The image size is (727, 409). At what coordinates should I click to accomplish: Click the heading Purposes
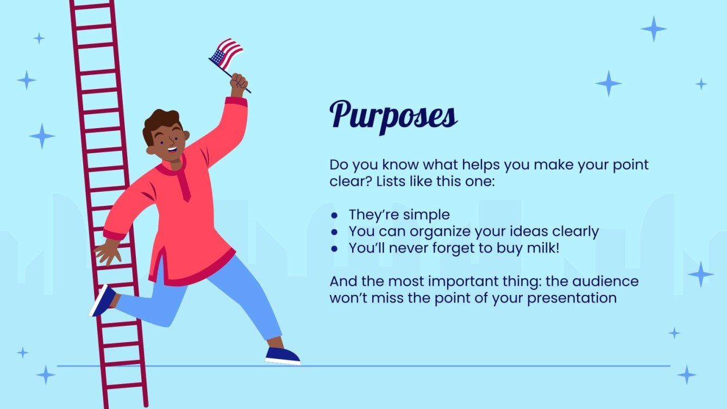pos(393,115)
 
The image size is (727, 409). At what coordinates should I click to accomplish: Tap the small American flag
pos(227,53)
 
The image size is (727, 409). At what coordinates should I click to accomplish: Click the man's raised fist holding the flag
pos(239,83)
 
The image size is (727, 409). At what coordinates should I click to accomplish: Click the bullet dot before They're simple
pos(335,215)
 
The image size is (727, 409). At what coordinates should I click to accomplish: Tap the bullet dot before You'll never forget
pos(335,248)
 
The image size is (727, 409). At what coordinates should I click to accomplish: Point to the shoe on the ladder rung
pos(103,300)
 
